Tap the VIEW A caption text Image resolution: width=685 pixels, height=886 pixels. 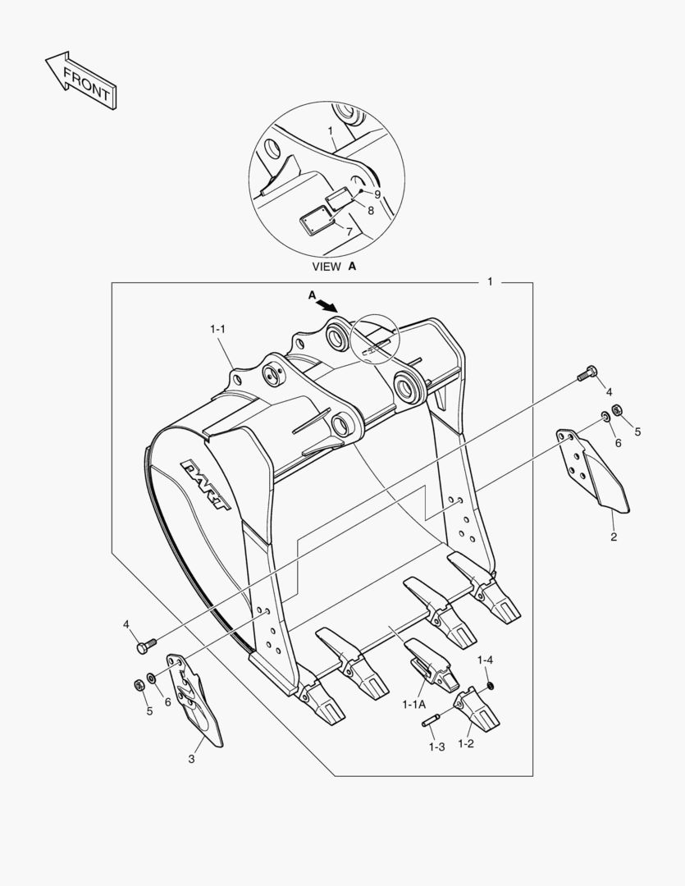click(334, 267)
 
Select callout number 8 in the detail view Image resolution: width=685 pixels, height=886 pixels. click(370, 210)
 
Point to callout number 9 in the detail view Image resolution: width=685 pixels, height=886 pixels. click(377, 194)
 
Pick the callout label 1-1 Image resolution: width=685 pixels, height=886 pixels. click(217, 329)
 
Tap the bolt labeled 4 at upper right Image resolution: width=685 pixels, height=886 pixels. click(584, 372)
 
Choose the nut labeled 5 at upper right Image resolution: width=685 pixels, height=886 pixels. click(620, 409)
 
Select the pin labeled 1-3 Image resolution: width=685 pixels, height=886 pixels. click(433, 719)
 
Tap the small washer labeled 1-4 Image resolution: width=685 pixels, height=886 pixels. click(491, 685)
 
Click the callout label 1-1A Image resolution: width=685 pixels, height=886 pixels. click(413, 704)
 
